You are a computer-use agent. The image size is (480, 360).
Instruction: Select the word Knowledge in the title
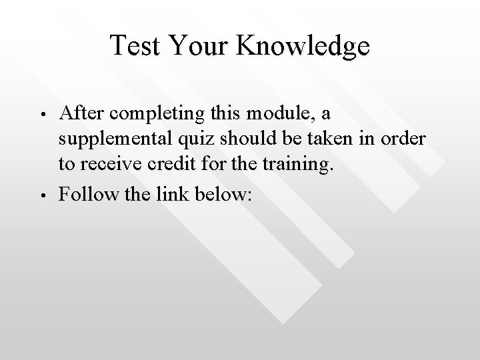coord(304,46)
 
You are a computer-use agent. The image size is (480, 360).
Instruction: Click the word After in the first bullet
coord(81,113)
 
